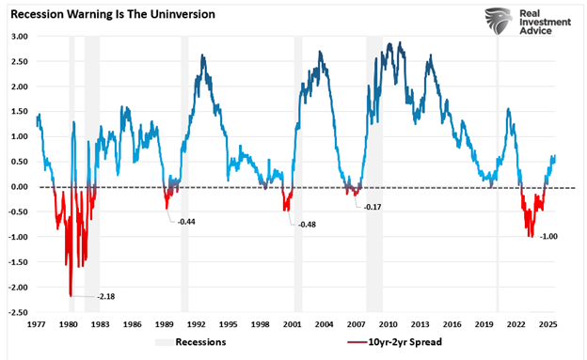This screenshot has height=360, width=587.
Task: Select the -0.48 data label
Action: click(307, 226)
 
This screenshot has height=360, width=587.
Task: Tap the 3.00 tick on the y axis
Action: click(19, 36)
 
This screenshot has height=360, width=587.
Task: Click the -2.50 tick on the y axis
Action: click(18, 312)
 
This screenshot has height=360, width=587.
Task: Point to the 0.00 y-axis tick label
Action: click(19, 187)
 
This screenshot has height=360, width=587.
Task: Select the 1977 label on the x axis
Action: click(38, 322)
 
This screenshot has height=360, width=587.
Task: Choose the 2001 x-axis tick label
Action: click(293, 322)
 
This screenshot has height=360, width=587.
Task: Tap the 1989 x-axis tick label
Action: click(165, 322)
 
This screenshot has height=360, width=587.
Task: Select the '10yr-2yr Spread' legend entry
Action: click(394, 342)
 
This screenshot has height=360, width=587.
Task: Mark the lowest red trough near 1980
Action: click(71, 295)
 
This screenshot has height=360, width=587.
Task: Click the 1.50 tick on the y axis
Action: click(19, 111)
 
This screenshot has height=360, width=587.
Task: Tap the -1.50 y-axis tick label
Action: click(18, 262)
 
